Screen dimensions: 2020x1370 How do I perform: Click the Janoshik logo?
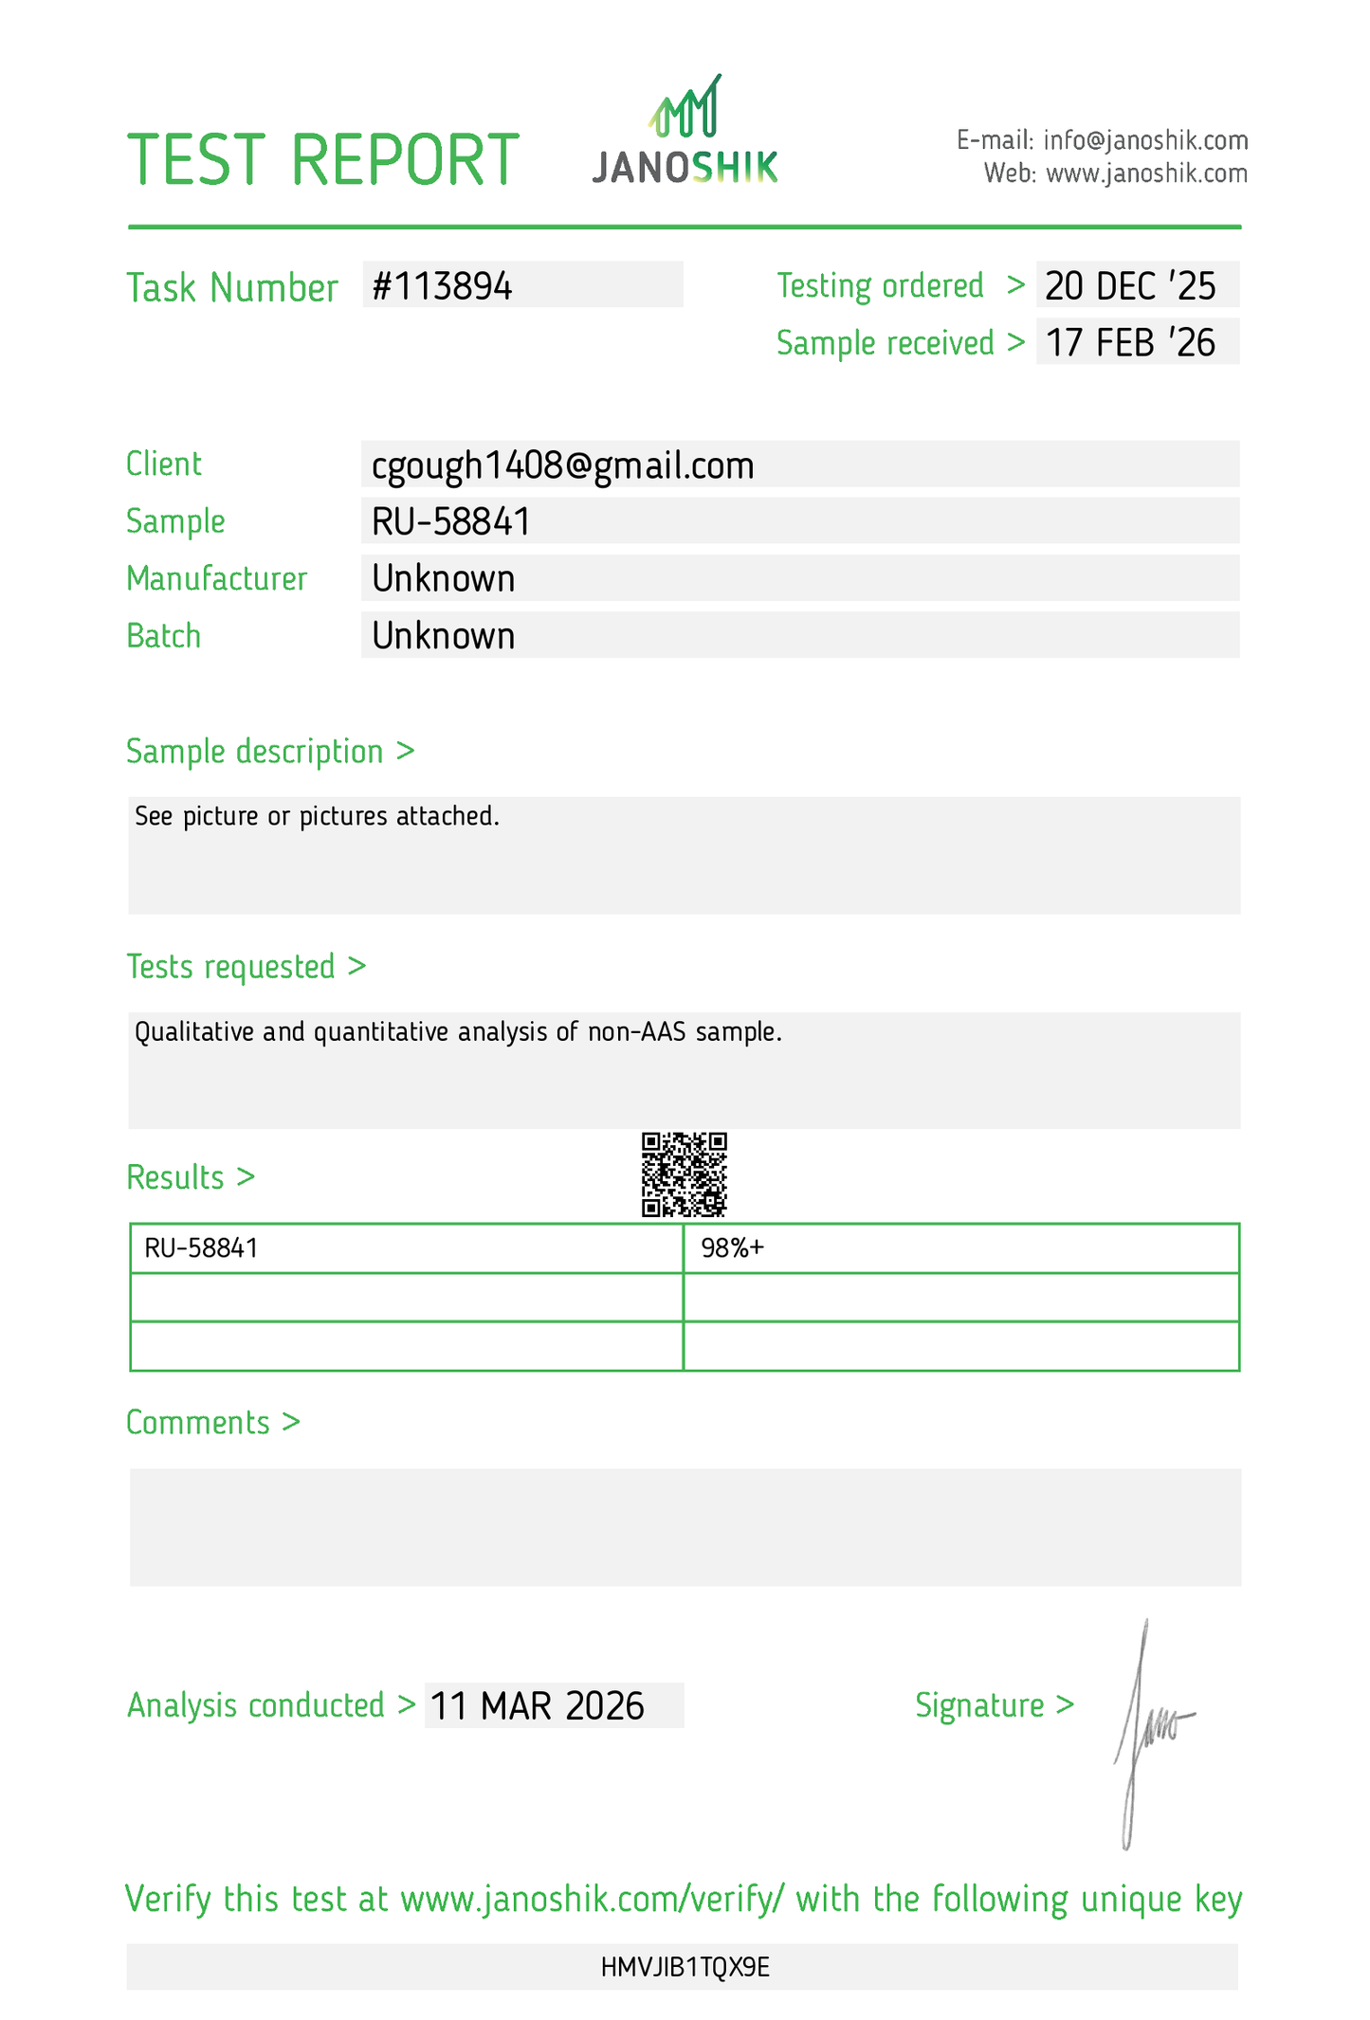[x=685, y=130]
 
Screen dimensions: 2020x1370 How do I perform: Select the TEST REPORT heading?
[x=323, y=159]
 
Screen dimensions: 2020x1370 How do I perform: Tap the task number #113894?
[x=442, y=285]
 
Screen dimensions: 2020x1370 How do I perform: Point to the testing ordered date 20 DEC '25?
[x=1130, y=285]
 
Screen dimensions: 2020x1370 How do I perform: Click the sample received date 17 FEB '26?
[x=1130, y=342]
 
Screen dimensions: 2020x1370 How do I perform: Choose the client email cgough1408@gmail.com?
[x=563, y=465]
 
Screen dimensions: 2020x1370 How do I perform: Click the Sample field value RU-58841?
[x=451, y=521]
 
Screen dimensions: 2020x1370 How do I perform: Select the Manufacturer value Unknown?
[x=443, y=578]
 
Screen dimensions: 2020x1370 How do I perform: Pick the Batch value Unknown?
[x=443, y=635]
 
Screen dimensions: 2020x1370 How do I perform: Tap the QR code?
[x=684, y=1174]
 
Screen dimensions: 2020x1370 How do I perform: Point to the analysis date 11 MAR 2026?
[x=538, y=1705]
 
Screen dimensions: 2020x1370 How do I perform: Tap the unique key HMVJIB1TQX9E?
[x=685, y=1967]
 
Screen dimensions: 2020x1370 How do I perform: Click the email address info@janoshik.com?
[x=1145, y=140]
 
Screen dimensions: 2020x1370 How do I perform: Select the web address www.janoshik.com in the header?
[x=1146, y=173]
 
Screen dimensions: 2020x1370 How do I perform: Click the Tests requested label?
[x=231, y=967]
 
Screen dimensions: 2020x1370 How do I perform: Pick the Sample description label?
[x=255, y=751]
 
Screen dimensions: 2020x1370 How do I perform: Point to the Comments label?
[x=199, y=1423]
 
